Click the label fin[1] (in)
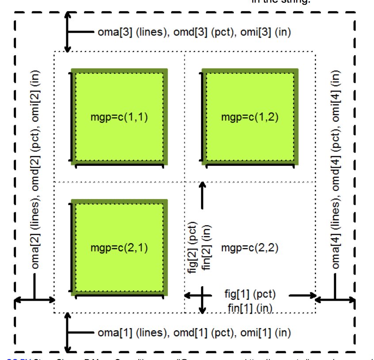coord(250,307)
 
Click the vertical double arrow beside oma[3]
coord(67,32)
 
